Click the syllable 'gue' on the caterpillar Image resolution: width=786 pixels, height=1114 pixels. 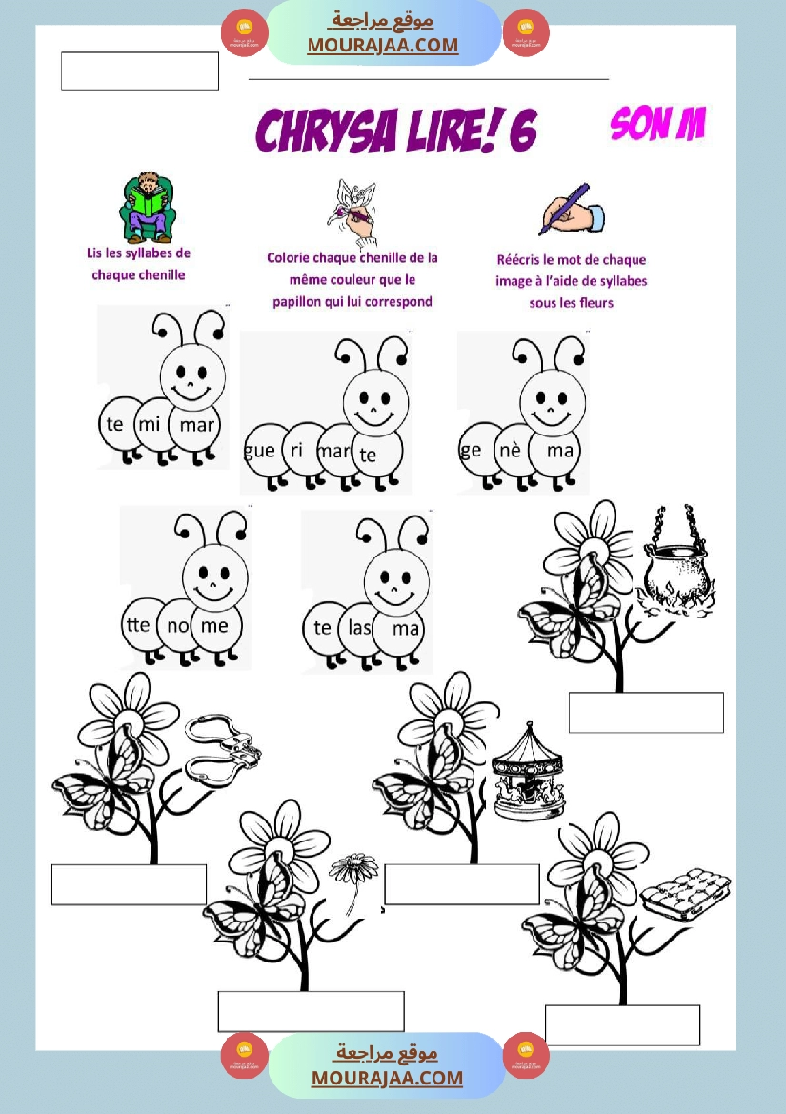(259, 451)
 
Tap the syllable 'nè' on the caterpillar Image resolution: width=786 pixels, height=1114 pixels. (511, 450)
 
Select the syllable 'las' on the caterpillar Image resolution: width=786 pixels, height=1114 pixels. (360, 627)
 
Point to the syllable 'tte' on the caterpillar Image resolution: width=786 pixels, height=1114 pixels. (137, 624)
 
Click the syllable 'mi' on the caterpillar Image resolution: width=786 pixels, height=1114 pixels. (150, 424)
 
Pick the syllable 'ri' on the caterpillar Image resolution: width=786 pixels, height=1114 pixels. (297, 450)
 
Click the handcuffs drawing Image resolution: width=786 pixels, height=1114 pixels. (222, 750)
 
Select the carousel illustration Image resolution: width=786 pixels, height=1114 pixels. (528, 771)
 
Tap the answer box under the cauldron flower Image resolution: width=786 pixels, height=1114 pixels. (646, 713)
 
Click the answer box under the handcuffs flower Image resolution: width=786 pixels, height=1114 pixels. (130, 884)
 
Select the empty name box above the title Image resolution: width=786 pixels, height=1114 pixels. (140, 71)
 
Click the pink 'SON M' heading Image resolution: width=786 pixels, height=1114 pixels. (657, 124)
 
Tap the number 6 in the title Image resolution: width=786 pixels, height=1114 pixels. (523, 132)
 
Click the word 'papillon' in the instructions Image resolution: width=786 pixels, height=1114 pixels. (301, 301)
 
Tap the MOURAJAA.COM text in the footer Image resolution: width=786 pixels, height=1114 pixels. (387, 1077)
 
